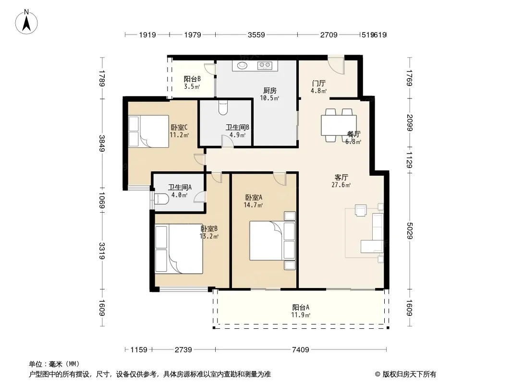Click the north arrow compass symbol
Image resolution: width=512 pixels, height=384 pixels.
pyautogui.click(x=26, y=22)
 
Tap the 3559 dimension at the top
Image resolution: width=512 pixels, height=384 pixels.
pyautogui.click(x=256, y=35)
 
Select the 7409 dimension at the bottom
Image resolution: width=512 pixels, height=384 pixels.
pyautogui.click(x=300, y=350)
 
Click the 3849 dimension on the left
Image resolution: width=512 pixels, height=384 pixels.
pyautogui.click(x=102, y=143)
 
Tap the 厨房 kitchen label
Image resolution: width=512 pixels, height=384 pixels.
pyautogui.click(x=270, y=90)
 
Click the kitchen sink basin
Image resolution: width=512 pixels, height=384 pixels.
pyautogui.click(x=243, y=65)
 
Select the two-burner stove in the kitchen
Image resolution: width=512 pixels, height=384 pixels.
pyautogui.click(x=265, y=66)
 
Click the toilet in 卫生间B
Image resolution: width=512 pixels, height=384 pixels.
pyautogui.click(x=223, y=108)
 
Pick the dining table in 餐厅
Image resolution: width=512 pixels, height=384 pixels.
pyautogui.click(x=339, y=125)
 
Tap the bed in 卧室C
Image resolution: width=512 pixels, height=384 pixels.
pyautogui.click(x=148, y=131)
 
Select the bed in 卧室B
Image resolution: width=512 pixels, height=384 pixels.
pyautogui.click(x=179, y=249)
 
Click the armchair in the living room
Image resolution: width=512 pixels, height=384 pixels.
pyautogui.click(x=361, y=210)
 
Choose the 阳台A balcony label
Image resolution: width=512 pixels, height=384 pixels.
pyautogui.click(x=301, y=307)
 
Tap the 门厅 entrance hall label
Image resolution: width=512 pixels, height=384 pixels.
pyautogui.click(x=319, y=84)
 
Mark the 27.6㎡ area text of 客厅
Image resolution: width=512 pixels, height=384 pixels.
pyautogui.click(x=341, y=185)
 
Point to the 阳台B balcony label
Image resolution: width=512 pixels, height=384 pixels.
pyautogui.click(x=192, y=79)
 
